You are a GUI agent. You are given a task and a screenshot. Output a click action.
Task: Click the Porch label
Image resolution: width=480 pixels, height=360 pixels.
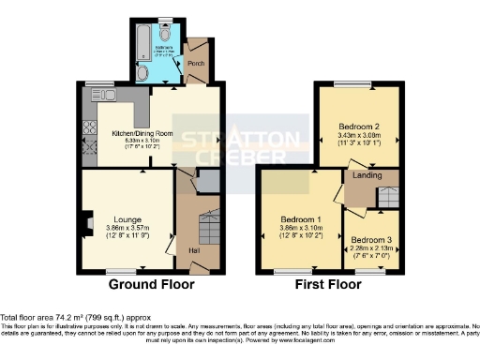(196, 65)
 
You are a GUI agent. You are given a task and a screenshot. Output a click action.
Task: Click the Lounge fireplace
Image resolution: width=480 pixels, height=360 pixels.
(86, 223)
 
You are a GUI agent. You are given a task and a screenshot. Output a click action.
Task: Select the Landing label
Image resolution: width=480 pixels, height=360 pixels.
(365, 175)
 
